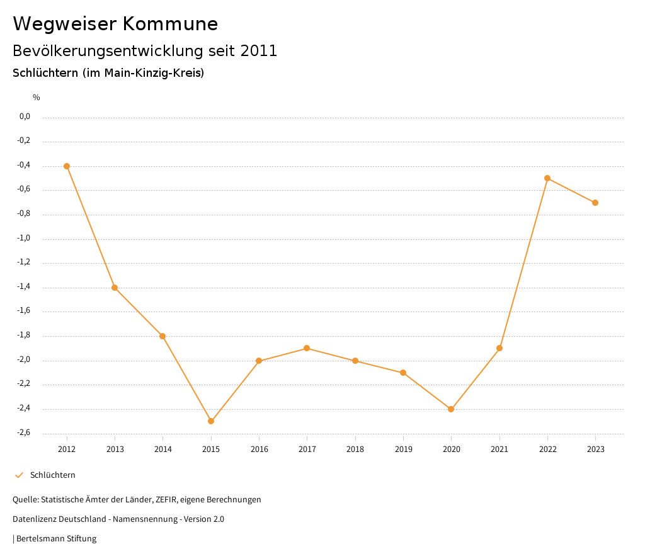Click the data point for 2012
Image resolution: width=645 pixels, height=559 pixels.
pyautogui.click(x=67, y=166)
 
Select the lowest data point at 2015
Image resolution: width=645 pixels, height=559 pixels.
pyautogui.click(x=211, y=421)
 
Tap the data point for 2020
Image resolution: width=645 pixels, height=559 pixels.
pyautogui.click(x=451, y=409)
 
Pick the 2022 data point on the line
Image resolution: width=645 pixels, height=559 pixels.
pyautogui.click(x=547, y=178)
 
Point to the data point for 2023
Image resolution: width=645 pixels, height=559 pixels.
pyautogui.click(x=595, y=203)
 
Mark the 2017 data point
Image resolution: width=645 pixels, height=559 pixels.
pyautogui.click(x=307, y=348)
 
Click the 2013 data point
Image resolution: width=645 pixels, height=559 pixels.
pyautogui.click(x=115, y=288)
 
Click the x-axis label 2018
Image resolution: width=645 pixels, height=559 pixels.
pyautogui.click(x=355, y=449)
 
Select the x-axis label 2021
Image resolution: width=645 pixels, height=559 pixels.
pyautogui.click(x=499, y=449)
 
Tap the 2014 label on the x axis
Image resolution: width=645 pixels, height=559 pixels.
pyautogui.click(x=163, y=449)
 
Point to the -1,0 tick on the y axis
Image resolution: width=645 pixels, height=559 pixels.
pyautogui.click(x=24, y=239)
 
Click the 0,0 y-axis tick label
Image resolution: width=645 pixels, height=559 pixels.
pyautogui.click(x=25, y=116)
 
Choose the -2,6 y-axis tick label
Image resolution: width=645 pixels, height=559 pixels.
pyautogui.click(x=24, y=433)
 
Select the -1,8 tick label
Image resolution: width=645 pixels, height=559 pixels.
pyautogui.click(x=24, y=336)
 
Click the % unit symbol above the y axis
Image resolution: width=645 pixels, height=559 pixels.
pyautogui.click(x=37, y=98)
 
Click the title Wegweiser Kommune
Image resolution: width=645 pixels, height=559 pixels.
pyautogui.click(x=115, y=24)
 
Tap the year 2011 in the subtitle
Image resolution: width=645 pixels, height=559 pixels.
pyautogui.click(x=259, y=51)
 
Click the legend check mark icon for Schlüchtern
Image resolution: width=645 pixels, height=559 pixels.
pyautogui.click(x=19, y=475)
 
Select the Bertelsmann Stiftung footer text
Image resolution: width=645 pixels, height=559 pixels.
pyautogui.click(x=56, y=539)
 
